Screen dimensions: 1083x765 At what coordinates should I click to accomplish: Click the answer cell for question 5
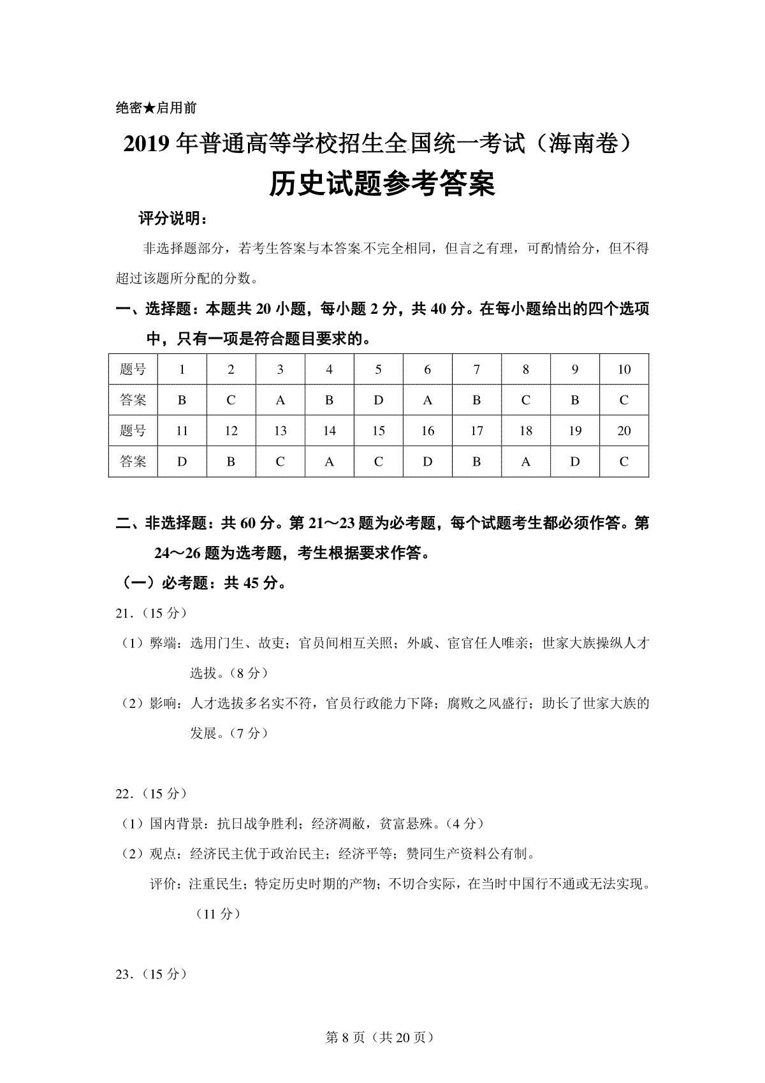pyautogui.click(x=378, y=401)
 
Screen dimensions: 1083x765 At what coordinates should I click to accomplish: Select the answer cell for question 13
pyautogui.click(x=280, y=462)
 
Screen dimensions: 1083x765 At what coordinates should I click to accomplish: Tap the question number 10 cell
pyautogui.click(x=624, y=369)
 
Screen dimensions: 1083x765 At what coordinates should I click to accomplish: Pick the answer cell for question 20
pyautogui.click(x=624, y=462)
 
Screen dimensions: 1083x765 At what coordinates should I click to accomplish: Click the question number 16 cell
pyautogui.click(x=427, y=431)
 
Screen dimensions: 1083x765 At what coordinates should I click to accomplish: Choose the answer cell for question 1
pyautogui.click(x=182, y=401)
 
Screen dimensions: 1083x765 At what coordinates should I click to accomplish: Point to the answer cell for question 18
pyautogui.click(x=525, y=462)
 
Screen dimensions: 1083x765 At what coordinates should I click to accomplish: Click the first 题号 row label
pyautogui.click(x=133, y=369)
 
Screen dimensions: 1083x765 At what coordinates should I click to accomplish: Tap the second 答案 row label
pyautogui.click(x=133, y=462)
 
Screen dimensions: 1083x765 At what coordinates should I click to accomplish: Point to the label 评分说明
pyautogui.click(x=171, y=219)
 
